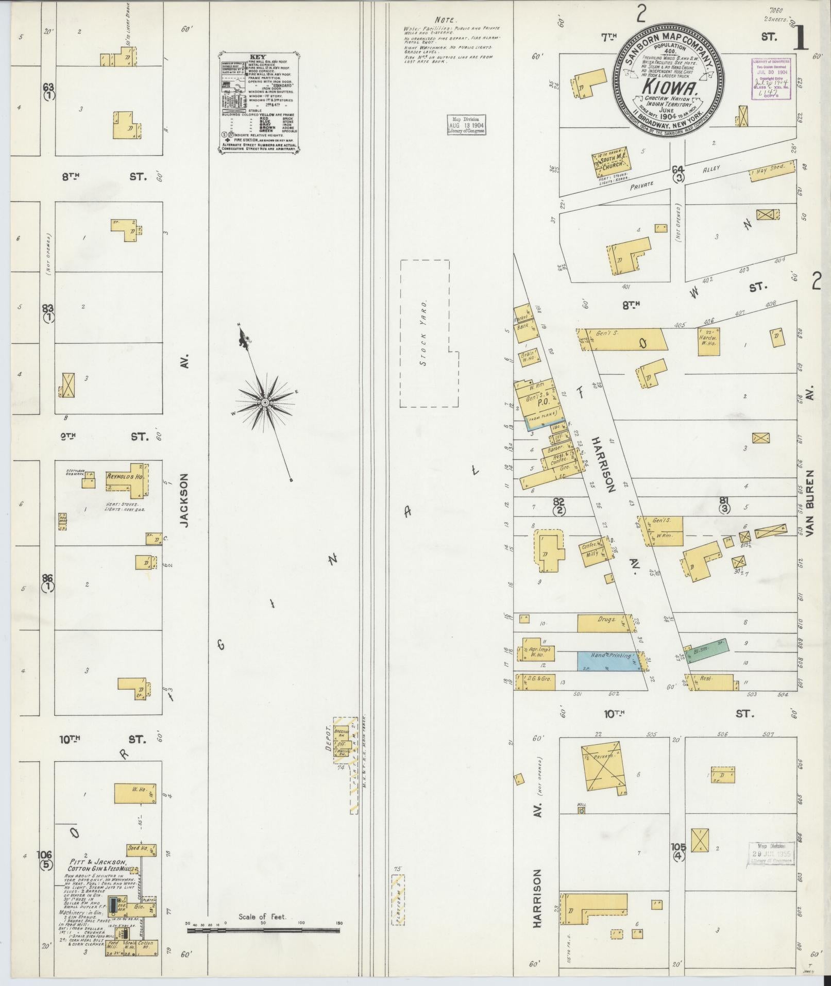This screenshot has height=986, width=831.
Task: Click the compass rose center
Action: coord(264,402)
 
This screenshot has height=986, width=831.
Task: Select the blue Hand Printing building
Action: coord(609,660)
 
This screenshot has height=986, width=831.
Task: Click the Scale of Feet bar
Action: coord(263,930)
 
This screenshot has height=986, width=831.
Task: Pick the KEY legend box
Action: coord(260,102)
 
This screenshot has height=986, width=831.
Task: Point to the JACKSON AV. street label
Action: coord(184,499)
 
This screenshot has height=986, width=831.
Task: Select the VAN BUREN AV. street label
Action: coord(811,503)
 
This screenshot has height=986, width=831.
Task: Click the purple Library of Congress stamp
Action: coord(770,77)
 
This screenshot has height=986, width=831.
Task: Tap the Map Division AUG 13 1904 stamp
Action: coord(466,125)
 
